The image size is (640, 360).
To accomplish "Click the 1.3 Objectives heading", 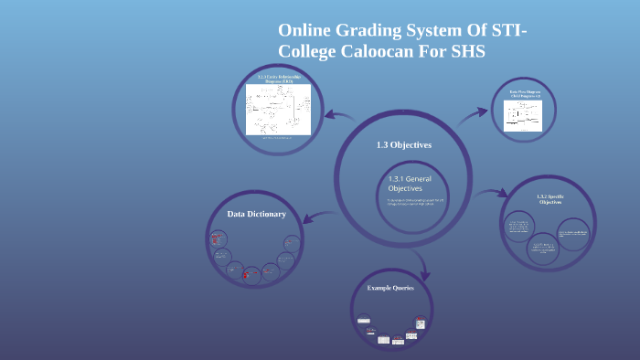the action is (x=403, y=145).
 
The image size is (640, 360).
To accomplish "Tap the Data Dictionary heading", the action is (x=257, y=214).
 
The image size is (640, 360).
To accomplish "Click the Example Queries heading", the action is (x=390, y=288).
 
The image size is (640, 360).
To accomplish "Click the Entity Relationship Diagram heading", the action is (x=278, y=79).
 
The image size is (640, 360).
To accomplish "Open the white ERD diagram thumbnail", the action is (x=278, y=111).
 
